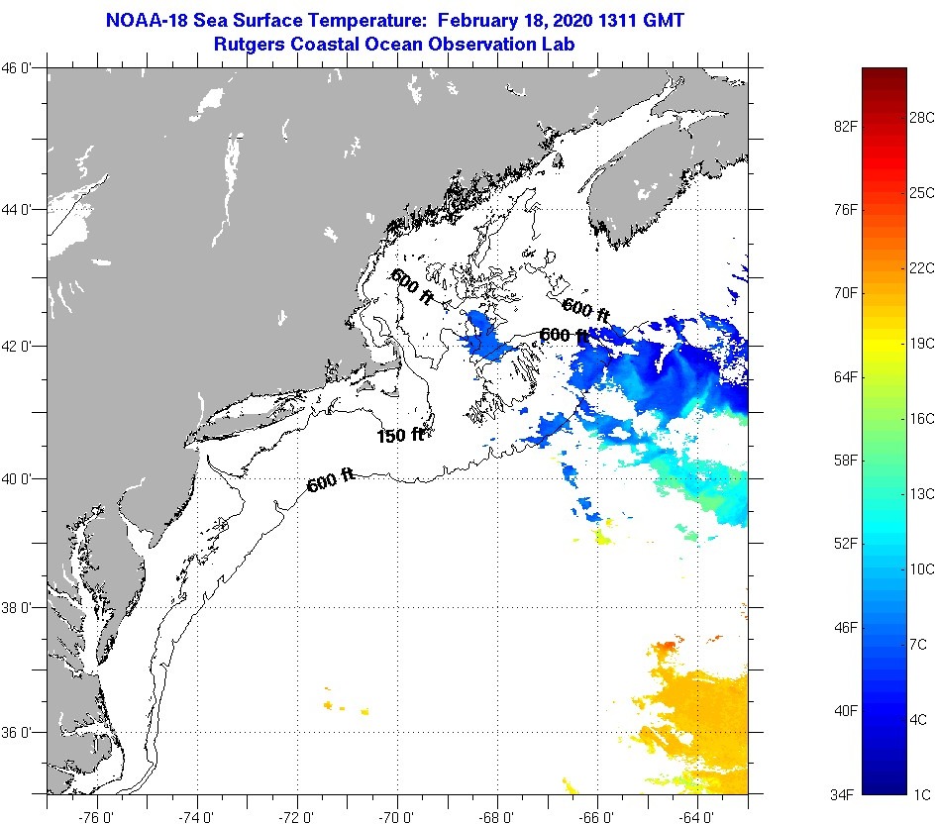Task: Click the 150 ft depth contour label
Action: click(x=400, y=435)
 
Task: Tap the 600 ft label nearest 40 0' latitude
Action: click(x=331, y=482)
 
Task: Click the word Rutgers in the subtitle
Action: click(x=249, y=44)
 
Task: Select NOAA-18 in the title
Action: click(x=148, y=20)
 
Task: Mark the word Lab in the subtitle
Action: click(x=559, y=44)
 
